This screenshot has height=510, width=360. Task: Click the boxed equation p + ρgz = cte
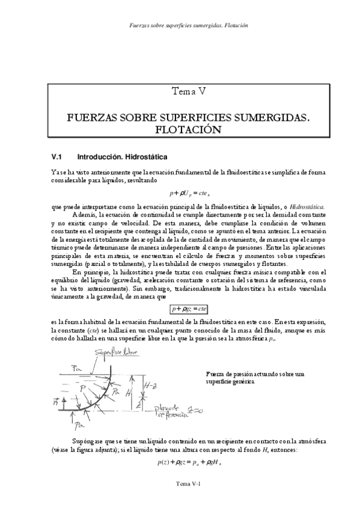click(x=189, y=309)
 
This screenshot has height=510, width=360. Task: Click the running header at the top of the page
click(x=189, y=26)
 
